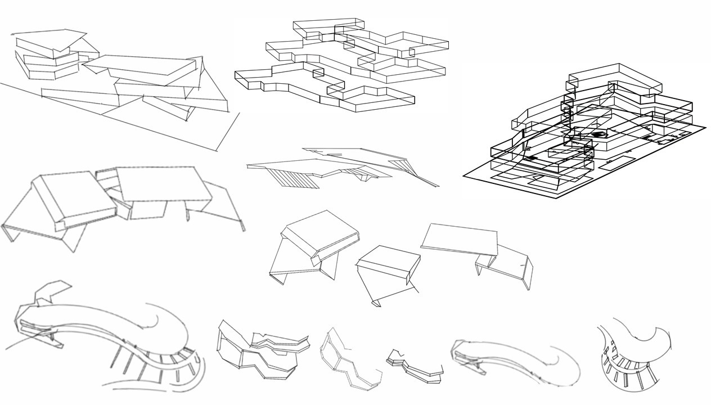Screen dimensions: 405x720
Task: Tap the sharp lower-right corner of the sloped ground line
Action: (x=215, y=151)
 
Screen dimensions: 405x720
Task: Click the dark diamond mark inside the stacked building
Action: (x=597, y=135)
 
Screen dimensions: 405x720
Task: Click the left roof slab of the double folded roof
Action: (x=73, y=197)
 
